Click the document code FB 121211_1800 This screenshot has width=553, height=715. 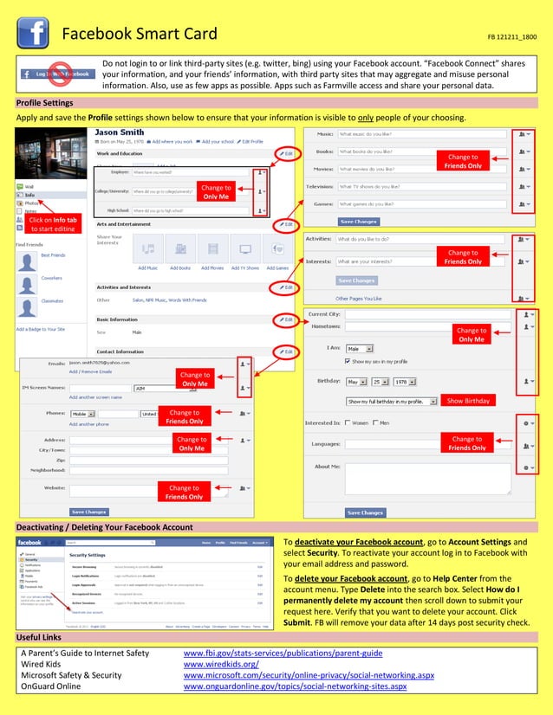[x=511, y=38]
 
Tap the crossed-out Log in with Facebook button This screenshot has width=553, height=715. [x=56, y=74]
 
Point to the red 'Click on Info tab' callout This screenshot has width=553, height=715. [x=53, y=224]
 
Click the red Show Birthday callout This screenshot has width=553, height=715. [x=468, y=401]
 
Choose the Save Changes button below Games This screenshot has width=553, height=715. [x=359, y=222]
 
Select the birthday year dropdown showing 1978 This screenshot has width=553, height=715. [x=404, y=381]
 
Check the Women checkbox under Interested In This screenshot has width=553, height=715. [x=348, y=423]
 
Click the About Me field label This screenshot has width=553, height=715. [x=327, y=467]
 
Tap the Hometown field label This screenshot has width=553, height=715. [x=324, y=326]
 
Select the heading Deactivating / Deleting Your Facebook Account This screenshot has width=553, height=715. [x=105, y=527]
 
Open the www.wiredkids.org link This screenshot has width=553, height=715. [x=221, y=664]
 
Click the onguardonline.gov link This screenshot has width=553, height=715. [x=295, y=686]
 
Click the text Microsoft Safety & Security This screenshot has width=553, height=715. [x=71, y=675]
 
